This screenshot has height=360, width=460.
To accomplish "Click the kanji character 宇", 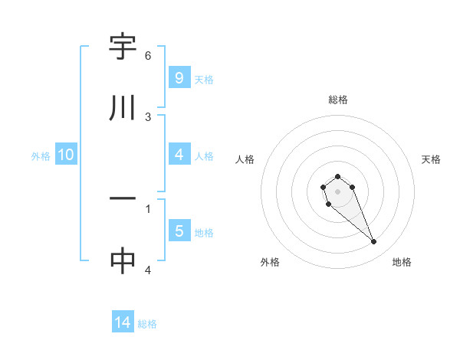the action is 123,47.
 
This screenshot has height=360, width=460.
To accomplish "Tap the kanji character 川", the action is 123,108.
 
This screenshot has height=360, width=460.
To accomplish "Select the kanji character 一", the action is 123,199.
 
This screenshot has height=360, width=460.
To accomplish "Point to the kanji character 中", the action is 123,260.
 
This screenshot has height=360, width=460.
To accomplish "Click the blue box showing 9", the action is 179,77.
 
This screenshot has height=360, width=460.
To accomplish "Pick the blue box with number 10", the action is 66,155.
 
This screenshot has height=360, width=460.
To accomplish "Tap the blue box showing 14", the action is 123,323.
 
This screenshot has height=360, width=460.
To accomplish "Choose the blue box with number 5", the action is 179,231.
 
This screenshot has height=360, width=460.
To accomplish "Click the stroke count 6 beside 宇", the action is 148,56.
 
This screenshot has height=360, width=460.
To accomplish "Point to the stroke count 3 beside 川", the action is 148,116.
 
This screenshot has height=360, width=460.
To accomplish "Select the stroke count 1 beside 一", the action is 148,208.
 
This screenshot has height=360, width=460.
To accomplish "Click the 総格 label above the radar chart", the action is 338,100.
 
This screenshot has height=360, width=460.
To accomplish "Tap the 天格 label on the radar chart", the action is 432,159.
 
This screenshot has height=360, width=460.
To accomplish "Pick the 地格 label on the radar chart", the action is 402,262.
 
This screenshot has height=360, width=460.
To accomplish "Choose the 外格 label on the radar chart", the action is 270,262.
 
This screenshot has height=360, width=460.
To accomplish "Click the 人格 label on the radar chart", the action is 245,159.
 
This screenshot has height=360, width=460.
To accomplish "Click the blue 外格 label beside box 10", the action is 41,156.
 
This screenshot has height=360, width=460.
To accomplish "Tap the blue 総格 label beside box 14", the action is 147,324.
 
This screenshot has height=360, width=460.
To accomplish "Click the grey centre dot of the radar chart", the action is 337,191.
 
